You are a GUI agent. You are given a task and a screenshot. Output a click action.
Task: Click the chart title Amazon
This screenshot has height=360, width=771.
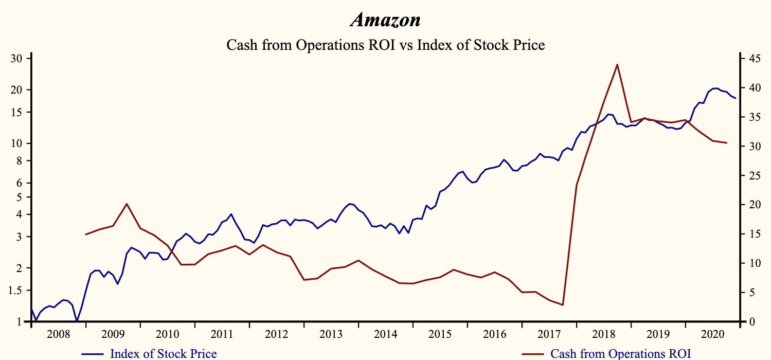point(385,20)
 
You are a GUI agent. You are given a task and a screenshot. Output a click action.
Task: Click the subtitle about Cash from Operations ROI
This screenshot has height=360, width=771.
point(385,45)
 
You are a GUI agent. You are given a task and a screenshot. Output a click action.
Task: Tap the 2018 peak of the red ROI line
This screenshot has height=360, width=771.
point(617,64)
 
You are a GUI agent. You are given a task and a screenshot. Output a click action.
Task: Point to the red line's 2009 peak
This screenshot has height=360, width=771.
point(127,204)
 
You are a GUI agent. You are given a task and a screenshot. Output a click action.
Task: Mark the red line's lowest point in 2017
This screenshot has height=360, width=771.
point(563,305)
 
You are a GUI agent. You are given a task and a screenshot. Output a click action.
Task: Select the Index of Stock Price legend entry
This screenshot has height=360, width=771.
point(163,353)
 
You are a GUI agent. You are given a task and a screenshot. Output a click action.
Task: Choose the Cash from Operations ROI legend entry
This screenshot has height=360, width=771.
point(620,353)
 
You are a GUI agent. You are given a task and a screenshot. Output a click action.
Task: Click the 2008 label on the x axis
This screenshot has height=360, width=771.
point(58,334)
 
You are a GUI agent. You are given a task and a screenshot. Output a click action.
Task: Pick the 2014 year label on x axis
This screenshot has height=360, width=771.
point(385,334)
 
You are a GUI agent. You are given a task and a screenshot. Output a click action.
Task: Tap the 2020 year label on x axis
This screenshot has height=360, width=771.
point(712,334)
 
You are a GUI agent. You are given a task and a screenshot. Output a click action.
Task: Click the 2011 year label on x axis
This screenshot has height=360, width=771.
point(222,334)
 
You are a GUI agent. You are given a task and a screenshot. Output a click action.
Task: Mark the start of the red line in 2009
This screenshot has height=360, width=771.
point(85,235)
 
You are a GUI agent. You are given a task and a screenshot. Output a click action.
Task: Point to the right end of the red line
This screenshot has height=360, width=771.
point(726,142)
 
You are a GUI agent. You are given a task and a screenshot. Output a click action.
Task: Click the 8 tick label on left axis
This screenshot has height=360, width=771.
point(20,160)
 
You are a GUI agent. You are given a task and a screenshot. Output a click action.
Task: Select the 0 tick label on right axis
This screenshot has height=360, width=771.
point(748,322)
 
